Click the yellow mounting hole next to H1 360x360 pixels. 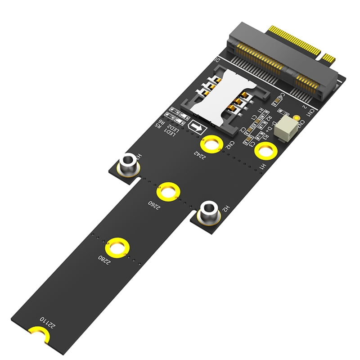tap(265, 151)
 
